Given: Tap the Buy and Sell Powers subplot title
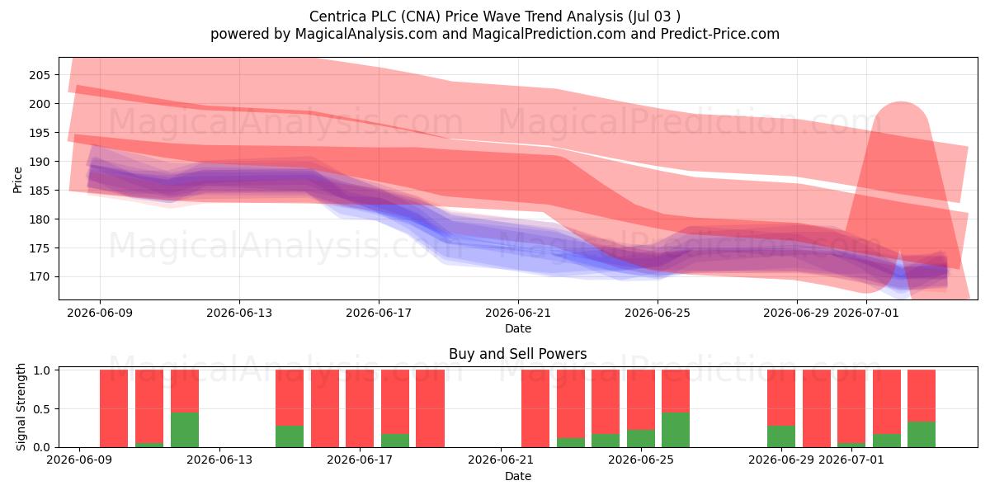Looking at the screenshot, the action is point(517,354).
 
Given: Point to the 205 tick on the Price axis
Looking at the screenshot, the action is point(40,75).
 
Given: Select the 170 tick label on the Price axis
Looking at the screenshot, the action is point(40,277).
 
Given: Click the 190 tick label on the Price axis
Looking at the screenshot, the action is point(40,162).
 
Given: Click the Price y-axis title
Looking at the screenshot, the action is point(17,180).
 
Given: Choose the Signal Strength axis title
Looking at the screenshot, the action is point(21,407).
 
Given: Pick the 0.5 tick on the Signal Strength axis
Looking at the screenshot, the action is point(41,409).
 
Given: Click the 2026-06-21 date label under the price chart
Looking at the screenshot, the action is point(518,313).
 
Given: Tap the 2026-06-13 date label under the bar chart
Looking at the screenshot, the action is point(219,460).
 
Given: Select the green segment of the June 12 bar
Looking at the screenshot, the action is point(185,430).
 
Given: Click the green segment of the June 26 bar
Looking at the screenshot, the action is point(676,430).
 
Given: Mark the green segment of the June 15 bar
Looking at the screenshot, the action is point(290,436).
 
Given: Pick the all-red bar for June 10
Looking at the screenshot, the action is point(114,408).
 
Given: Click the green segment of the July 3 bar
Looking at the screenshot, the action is point(922,435).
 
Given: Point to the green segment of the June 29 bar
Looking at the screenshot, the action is point(781,436).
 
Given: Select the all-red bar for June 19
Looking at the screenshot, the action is point(430,408).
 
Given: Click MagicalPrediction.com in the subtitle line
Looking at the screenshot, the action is point(549,34).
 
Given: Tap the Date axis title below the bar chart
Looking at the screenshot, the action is point(518,476).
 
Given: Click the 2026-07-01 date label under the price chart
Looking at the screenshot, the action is point(866,313).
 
